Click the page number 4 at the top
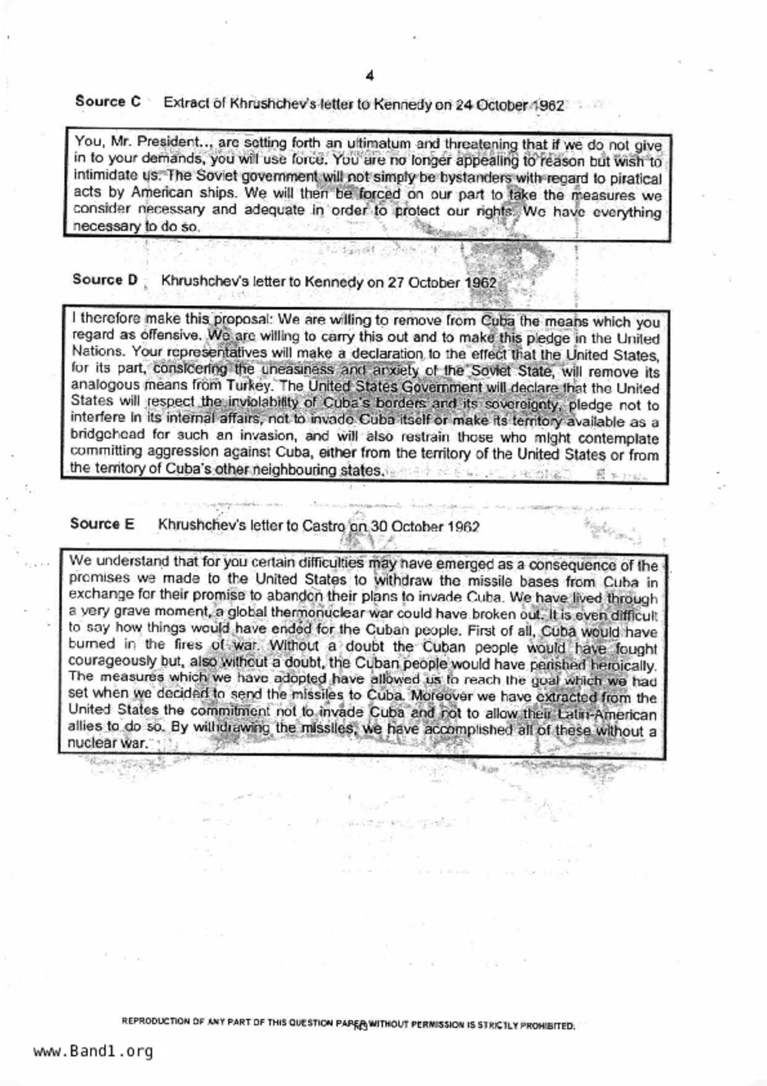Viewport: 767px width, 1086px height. (x=370, y=76)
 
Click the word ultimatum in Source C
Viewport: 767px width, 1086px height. (x=372, y=144)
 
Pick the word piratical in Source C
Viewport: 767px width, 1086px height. (x=631, y=179)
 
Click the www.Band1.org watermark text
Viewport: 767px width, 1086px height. (x=93, y=1051)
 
